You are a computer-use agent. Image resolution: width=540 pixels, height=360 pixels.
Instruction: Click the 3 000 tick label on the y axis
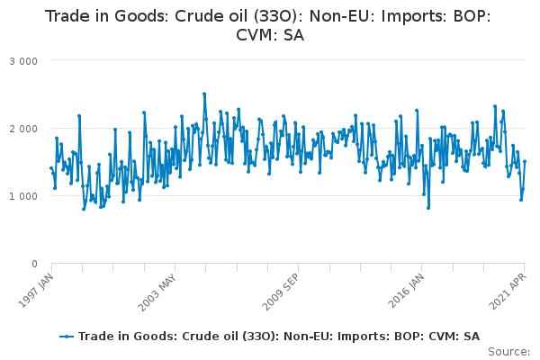pos(23,61)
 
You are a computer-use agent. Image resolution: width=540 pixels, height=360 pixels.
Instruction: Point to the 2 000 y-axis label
pos(23,129)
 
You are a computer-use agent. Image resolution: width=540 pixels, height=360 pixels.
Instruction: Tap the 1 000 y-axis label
pos(23,196)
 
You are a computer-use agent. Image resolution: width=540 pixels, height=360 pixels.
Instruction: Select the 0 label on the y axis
pos(34,264)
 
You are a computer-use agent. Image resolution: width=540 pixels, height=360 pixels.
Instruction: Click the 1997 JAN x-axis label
pos(36,291)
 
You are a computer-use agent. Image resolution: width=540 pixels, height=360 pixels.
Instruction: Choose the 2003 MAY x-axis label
pos(157,292)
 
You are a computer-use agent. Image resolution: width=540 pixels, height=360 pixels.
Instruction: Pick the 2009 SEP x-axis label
pos(280,292)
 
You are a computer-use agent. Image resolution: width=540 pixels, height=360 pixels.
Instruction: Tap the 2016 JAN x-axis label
pos(406,291)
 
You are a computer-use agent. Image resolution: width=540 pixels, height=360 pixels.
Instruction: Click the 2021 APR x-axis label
pos(508,292)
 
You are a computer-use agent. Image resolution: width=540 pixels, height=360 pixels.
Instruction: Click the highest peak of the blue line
pos(204,94)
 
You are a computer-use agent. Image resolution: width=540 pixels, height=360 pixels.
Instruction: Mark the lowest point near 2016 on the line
pos(428,208)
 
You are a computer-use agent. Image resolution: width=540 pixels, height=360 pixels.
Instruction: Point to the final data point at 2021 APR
pos(525,161)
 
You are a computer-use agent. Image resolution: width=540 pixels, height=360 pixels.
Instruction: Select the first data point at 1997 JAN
pos(51,168)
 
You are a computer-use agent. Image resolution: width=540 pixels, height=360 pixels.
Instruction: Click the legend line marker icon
pos(67,337)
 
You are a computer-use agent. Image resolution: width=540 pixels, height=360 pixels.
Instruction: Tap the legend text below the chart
pos(279,337)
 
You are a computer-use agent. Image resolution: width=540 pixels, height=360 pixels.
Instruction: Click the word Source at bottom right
pos(508,352)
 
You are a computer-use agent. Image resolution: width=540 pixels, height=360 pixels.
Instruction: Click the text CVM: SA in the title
pos(270,35)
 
